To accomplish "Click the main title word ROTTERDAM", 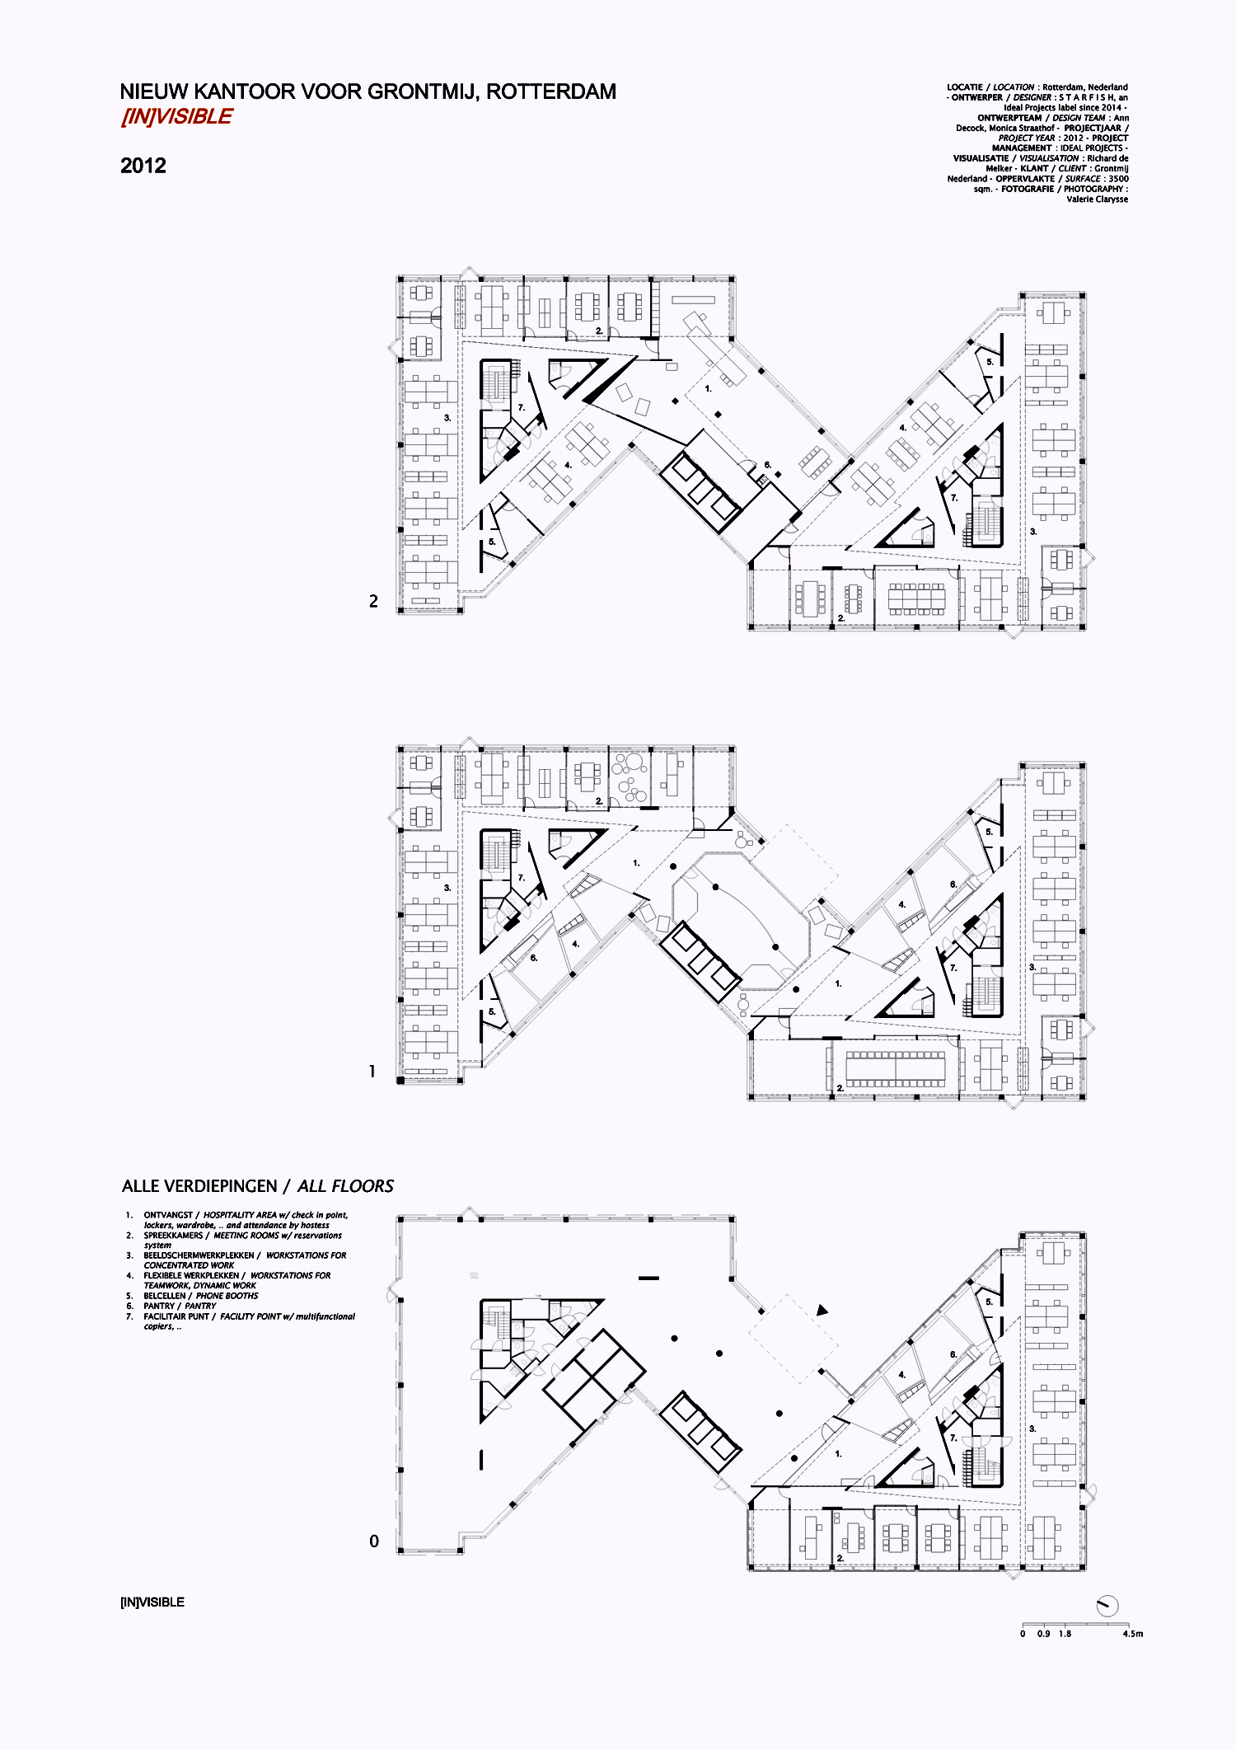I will tap(550, 91).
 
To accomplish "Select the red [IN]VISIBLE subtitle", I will tap(176, 117).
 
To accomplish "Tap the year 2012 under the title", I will tap(143, 166).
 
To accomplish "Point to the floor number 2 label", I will tap(373, 602).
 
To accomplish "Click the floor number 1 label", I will tap(372, 1072).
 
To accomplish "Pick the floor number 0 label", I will tap(374, 1541).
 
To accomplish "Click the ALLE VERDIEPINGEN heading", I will tap(199, 1186).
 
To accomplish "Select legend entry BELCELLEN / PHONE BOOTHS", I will tap(201, 1296).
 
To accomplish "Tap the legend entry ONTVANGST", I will tap(168, 1215).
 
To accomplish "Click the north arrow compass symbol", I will tap(1107, 1606).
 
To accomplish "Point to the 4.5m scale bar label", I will tap(1132, 1634).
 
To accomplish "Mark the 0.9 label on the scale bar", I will tap(1043, 1634).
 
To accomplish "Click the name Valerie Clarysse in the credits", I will tap(1097, 199).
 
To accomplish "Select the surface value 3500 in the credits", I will tap(1118, 179).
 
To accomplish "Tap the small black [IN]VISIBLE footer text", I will tap(152, 1602).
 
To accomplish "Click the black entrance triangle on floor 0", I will tap(822, 1310).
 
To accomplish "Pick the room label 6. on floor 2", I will tap(767, 465).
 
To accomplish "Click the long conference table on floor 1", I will tap(896, 1068).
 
